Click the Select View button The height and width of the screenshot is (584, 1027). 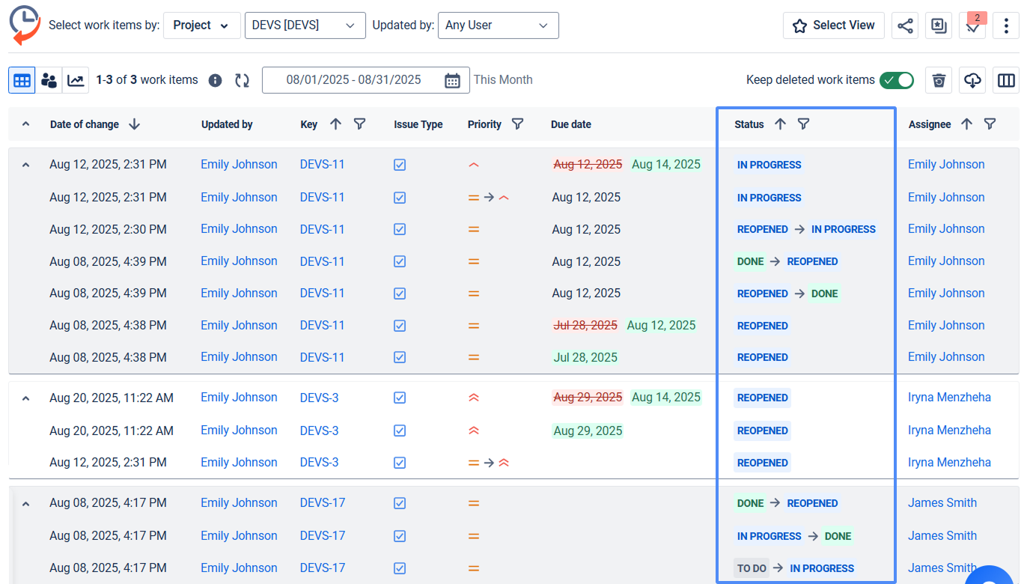tap(833, 25)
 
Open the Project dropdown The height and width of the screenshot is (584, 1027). tap(201, 25)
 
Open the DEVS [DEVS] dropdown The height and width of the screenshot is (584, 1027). tap(305, 25)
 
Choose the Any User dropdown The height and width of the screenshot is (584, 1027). tap(498, 25)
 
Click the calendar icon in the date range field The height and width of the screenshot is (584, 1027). tap(452, 80)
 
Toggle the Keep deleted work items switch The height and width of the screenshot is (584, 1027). tap(896, 80)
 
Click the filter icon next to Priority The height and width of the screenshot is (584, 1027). tap(517, 124)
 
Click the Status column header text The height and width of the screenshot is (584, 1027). tap(749, 124)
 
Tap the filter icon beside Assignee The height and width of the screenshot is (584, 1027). tap(990, 124)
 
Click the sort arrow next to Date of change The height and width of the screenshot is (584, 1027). tap(135, 124)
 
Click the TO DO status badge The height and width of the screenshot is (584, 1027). tap(752, 568)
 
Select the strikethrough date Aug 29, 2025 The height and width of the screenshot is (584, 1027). tap(588, 398)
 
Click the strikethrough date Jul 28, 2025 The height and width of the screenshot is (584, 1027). tap(585, 326)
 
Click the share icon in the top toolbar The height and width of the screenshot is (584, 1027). tap(905, 25)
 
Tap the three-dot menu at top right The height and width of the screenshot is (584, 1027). tap(1006, 25)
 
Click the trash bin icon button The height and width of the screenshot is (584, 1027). tap(939, 80)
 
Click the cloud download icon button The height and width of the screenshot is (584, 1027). tap(972, 80)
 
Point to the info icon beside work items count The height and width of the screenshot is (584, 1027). tap(215, 80)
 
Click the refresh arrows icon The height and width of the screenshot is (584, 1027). tap(242, 80)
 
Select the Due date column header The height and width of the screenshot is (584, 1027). tap(571, 124)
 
